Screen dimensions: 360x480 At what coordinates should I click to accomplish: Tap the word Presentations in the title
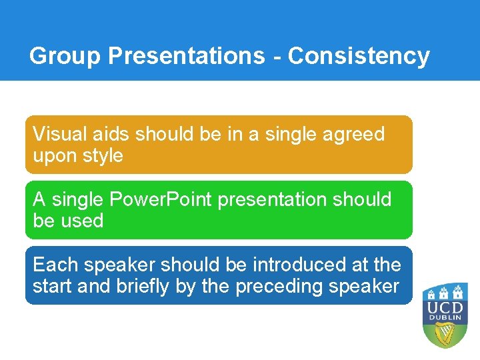click(x=186, y=56)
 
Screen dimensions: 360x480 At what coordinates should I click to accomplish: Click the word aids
click(x=113, y=134)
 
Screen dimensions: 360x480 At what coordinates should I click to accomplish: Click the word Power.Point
click(x=160, y=199)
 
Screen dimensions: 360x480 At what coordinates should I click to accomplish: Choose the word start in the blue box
click(x=53, y=286)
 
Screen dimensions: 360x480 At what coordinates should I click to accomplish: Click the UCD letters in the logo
click(x=445, y=307)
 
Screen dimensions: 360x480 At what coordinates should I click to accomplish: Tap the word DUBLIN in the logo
click(x=445, y=318)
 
